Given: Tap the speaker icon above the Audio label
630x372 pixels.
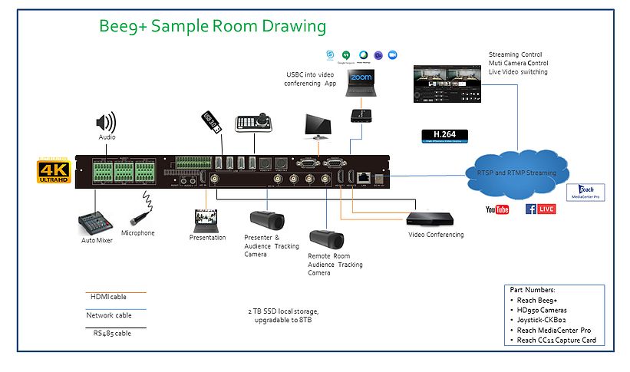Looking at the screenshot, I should pyautogui.click(x=105, y=122).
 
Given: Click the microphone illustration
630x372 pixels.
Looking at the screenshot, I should pyautogui.click(x=142, y=207).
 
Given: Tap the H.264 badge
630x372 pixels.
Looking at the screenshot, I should pyautogui.click(x=440, y=136).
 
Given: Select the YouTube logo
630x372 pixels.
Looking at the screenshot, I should pyautogui.click(x=497, y=209).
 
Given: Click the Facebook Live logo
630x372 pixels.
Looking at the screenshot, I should pyautogui.click(x=540, y=209).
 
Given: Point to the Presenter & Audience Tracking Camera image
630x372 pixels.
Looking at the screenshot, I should pyautogui.click(x=267, y=222).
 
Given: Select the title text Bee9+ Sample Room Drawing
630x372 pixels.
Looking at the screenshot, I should pyautogui.click(x=213, y=27).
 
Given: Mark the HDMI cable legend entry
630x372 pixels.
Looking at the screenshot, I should pyautogui.click(x=107, y=297).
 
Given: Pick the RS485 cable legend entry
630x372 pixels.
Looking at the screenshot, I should pyautogui.click(x=107, y=333).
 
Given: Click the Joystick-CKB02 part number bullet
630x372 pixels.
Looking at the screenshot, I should pyautogui.click(x=549, y=320).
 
